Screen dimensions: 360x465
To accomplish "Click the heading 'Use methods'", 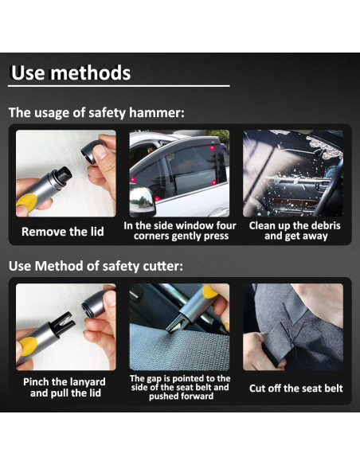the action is [71, 73].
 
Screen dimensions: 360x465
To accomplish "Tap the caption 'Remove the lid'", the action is [63, 232].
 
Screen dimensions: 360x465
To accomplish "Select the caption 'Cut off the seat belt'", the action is [296, 389].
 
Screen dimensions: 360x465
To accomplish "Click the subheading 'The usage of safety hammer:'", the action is [96, 113].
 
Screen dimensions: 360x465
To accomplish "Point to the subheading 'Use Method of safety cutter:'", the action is [96, 266].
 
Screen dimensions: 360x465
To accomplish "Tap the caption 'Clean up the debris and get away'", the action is [295, 231].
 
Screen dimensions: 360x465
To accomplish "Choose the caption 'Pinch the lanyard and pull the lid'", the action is [65, 387].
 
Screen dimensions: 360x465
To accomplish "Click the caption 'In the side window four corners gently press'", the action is [180, 231].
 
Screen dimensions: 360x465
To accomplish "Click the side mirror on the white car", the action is [143, 200].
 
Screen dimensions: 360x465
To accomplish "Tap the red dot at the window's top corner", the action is [212, 147].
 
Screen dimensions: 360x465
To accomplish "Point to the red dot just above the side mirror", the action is [133, 179].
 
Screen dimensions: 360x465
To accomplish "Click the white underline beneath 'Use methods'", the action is [119, 86].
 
